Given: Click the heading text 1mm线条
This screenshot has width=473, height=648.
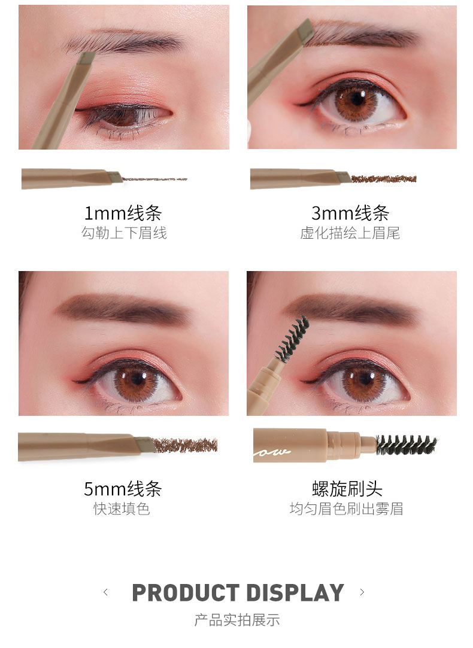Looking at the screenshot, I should (x=123, y=213).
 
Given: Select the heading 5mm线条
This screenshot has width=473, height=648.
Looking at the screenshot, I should (x=123, y=489).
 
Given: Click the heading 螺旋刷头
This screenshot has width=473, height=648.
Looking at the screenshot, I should (x=347, y=489).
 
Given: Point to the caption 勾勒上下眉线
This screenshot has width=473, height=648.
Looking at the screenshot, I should (x=124, y=233).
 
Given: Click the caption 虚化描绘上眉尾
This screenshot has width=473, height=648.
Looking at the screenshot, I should (x=350, y=233).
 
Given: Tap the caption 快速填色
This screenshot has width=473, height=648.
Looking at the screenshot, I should (x=122, y=509).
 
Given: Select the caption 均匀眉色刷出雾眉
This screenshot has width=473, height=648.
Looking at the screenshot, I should (x=347, y=509).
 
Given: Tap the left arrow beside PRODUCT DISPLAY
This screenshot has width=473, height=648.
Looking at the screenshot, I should (x=106, y=592).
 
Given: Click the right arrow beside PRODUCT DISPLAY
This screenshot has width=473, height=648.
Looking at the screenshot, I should (x=362, y=592).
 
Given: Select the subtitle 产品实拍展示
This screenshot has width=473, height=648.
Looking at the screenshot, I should (x=237, y=620).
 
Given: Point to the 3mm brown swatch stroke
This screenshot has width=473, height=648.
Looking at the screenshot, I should (x=383, y=179).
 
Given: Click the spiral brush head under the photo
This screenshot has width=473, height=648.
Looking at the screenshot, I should (x=406, y=445).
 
